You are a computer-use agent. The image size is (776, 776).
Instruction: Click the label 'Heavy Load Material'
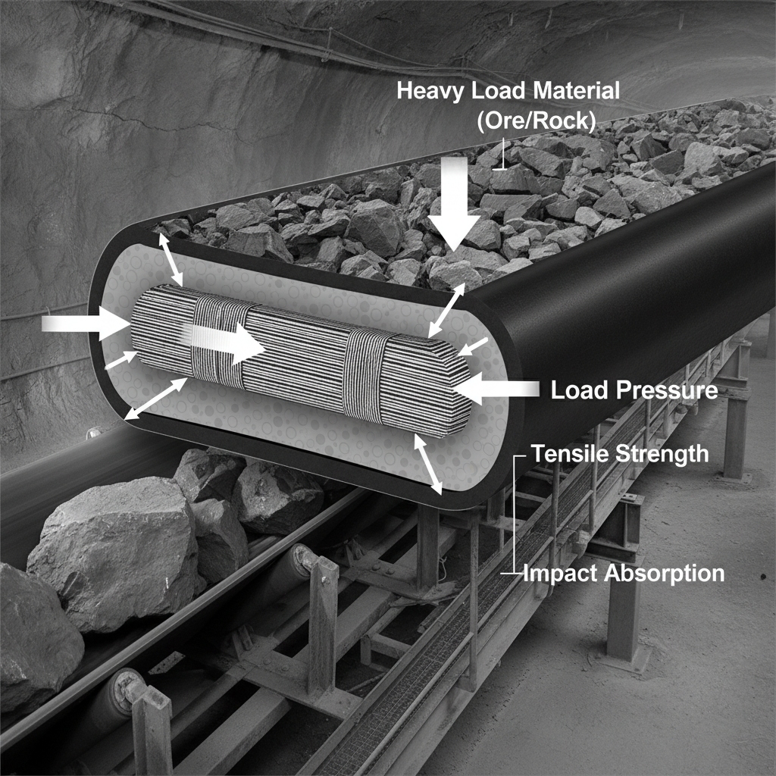tap(508, 92)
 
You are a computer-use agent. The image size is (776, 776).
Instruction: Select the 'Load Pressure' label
tap(634, 391)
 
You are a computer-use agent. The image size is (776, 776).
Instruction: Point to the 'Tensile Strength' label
tap(620, 454)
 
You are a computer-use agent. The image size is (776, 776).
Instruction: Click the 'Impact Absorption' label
tap(624, 574)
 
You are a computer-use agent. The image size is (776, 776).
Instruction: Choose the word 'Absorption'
tap(664, 574)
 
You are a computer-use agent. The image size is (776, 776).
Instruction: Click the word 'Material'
tap(576, 92)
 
